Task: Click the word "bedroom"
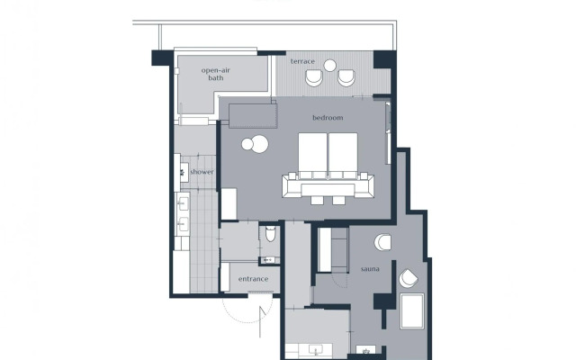pyautogui.click(x=328, y=118)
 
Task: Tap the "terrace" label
pyautogui.click(x=302, y=61)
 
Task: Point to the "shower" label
pyautogui.click(x=202, y=171)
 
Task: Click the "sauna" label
pyautogui.click(x=371, y=269)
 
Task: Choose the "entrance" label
pyautogui.click(x=253, y=279)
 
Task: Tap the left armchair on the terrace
pyautogui.click(x=312, y=77)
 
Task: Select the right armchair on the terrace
pyautogui.click(x=346, y=77)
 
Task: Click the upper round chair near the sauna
pyautogui.click(x=383, y=242)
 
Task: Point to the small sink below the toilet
pyautogui.click(x=267, y=260)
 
